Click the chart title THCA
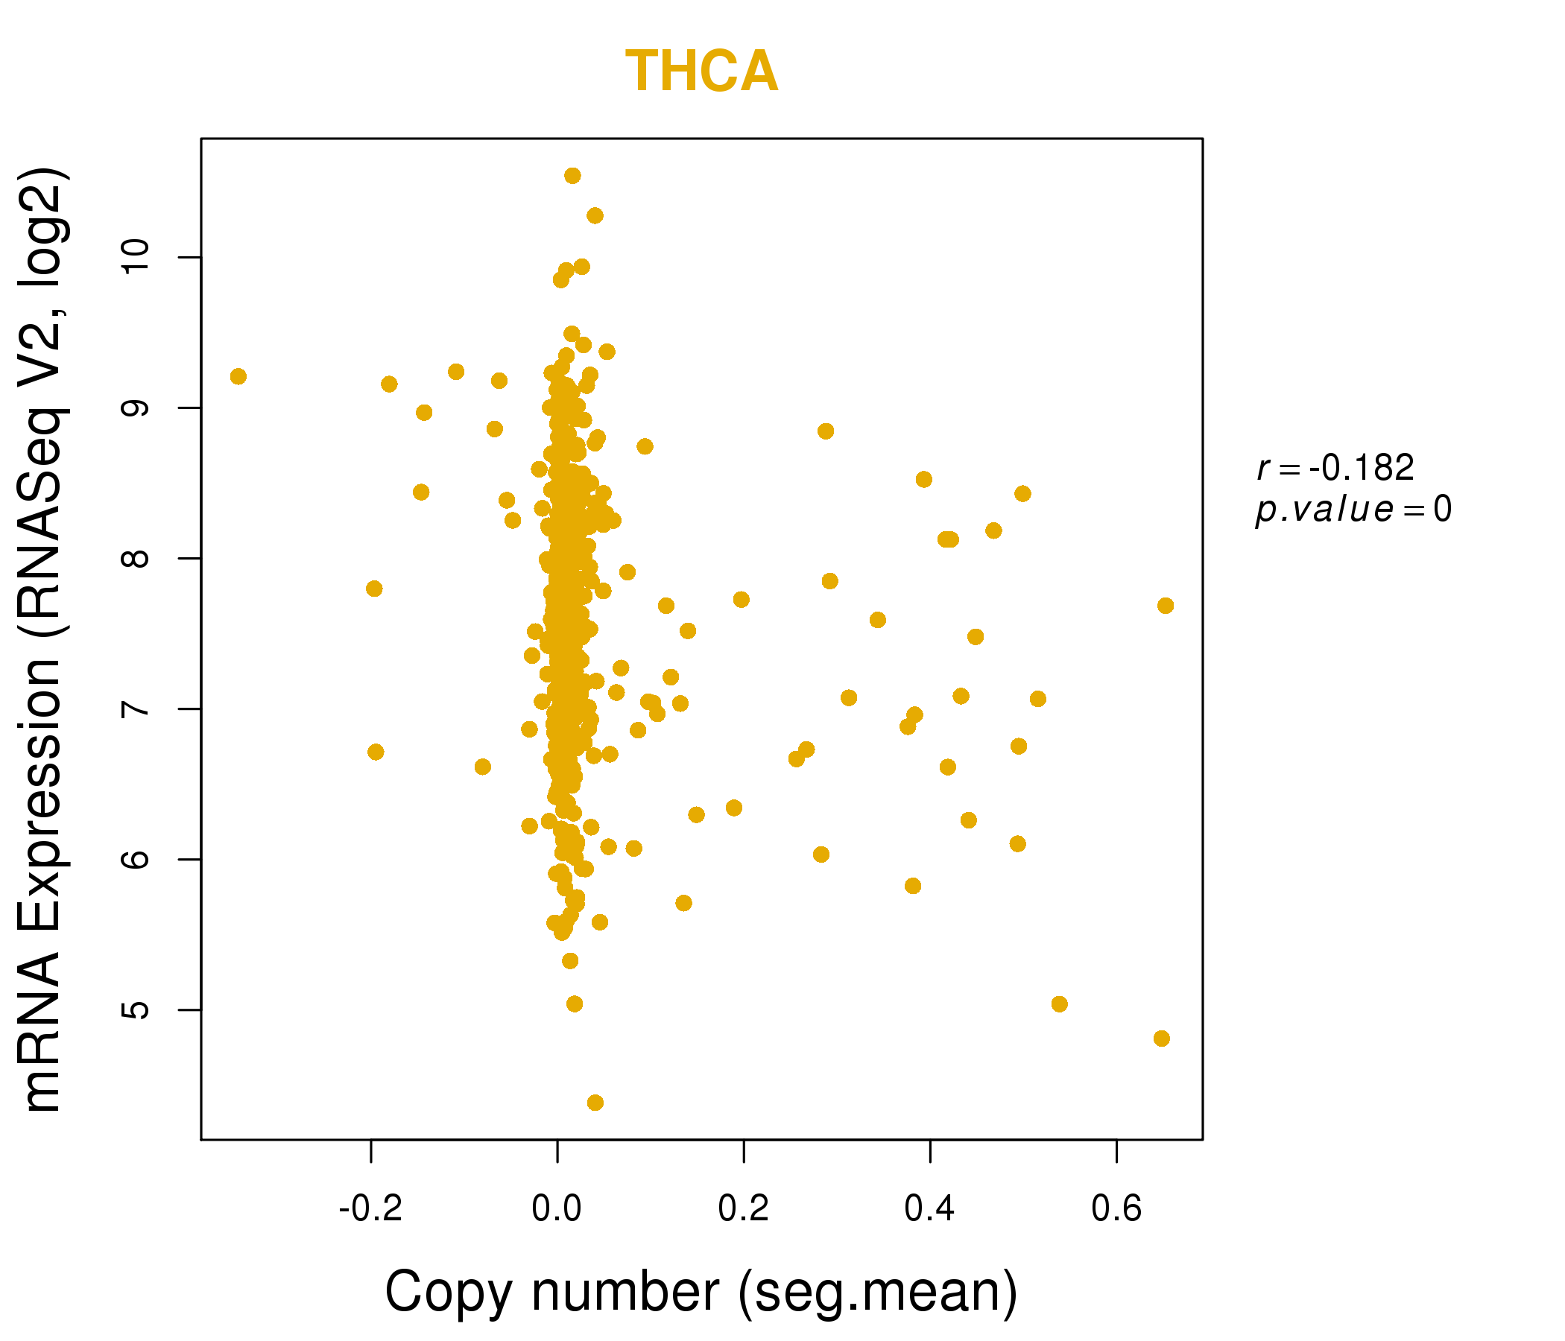point(701,72)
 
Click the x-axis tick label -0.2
point(370,1209)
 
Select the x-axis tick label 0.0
point(557,1209)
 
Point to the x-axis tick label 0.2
point(743,1209)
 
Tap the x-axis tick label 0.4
point(930,1209)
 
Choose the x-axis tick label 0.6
point(1116,1209)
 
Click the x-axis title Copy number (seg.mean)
point(701,1292)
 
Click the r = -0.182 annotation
point(1335,468)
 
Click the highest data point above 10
point(572,176)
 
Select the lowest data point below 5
point(595,1103)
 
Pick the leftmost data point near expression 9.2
point(238,377)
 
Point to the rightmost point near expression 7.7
point(1166,606)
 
